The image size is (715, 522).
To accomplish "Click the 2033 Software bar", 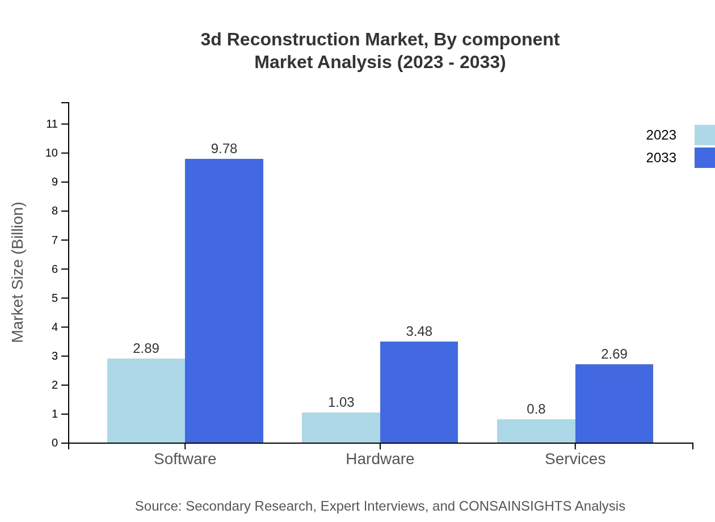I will point(224,301).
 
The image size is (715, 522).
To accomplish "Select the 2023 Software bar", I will point(146,401).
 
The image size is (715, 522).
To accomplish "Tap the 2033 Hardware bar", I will point(419,392).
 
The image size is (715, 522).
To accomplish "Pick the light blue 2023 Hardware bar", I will point(340,428).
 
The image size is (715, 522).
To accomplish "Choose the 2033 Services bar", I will point(614,403).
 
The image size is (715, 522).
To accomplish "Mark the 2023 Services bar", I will point(536,431).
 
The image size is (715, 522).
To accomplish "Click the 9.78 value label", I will point(224,149).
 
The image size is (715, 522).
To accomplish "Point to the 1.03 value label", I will point(341,402).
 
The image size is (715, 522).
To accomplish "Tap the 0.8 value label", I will point(536,409).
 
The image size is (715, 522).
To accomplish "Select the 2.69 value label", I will point(614,354).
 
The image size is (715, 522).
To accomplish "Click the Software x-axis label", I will point(185,458).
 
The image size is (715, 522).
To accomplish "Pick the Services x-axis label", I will point(575,458).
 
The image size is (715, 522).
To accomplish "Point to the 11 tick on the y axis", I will point(52,124).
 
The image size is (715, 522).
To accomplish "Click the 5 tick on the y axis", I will point(55,298).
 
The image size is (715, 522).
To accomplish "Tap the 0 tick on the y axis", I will point(55,443).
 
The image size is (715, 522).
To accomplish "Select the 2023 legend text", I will point(661,135).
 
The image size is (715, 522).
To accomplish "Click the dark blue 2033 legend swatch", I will point(704,158).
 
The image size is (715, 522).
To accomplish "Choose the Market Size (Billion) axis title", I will point(18,272).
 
